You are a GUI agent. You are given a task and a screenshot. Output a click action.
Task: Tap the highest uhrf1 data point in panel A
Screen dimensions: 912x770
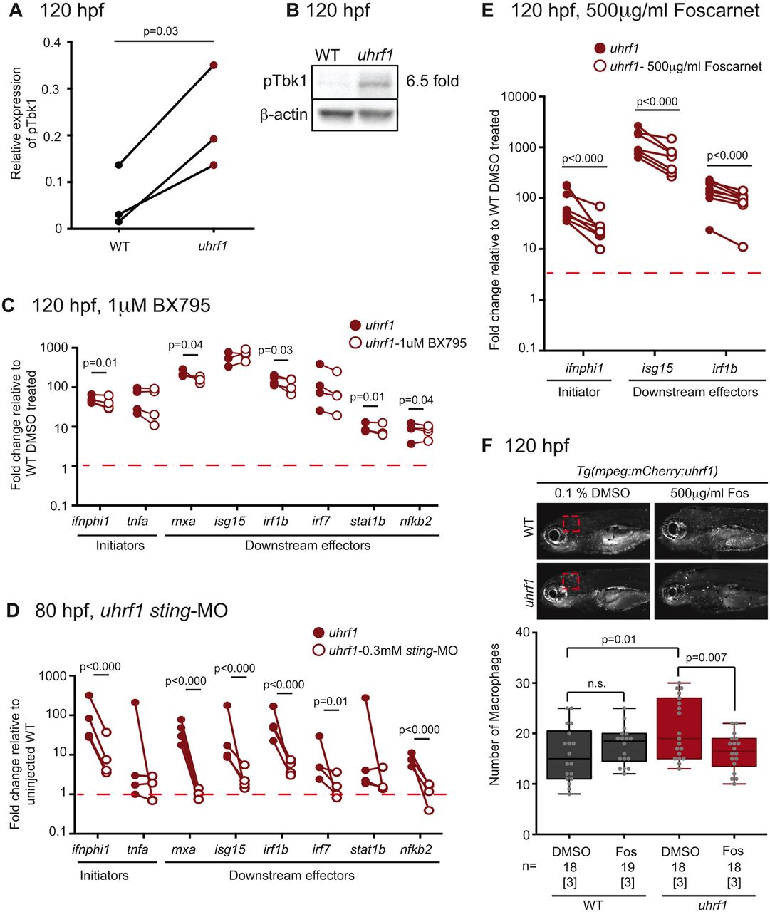pyautogui.click(x=213, y=65)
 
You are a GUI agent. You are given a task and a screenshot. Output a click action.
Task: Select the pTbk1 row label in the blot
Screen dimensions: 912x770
pyautogui.click(x=285, y=81)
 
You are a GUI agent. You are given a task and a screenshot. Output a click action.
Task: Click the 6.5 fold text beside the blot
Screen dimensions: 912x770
pyautogui.click(x=432, y=81)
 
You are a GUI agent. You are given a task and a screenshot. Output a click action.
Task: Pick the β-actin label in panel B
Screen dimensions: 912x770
pyautogui.click(x=283, y=114)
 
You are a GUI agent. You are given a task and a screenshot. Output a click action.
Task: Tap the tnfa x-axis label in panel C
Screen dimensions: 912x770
pyautogui.click(x=138, y=521)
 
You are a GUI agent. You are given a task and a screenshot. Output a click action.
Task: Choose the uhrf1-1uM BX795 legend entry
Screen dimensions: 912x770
pyautogui.click(x=415, y=343)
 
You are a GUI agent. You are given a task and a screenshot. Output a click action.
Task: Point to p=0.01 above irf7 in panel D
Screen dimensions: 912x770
pyautogui.click(x=331, y=702)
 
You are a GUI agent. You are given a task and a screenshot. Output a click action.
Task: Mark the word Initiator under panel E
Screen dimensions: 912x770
pyautogui.click(x=579, y=391)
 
